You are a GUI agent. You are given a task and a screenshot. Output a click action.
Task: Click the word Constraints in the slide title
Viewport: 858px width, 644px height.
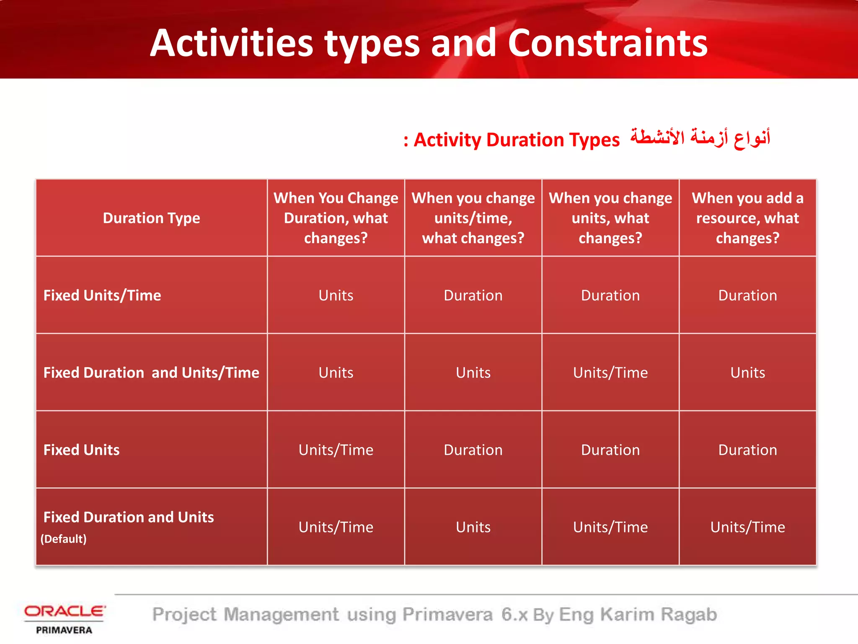click(x=607, y=43)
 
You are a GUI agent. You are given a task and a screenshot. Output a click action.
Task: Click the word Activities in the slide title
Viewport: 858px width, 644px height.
click(x=232, y=43)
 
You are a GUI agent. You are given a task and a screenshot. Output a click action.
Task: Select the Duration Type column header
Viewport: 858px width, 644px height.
click(x=151, y=218)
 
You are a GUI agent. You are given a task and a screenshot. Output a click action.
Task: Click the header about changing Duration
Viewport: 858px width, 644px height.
click(x=336, y=218)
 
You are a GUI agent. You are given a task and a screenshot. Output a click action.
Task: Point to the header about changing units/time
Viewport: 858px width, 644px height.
click(x=473, y=218)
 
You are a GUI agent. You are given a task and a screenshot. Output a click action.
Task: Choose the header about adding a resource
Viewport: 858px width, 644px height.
click(x=747, y=218)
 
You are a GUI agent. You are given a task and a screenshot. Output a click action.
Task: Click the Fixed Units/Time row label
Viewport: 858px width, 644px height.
click(x=102, y=296)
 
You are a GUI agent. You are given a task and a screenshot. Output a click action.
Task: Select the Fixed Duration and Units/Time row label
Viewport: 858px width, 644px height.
click(x=151, y=373)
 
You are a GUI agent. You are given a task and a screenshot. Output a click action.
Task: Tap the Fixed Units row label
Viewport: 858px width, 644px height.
click(x=82, y=450)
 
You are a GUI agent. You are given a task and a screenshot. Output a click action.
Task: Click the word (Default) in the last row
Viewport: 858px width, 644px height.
click(x=64, y=539)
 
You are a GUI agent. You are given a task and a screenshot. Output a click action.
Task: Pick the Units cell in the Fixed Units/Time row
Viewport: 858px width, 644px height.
click(x=336, y=296)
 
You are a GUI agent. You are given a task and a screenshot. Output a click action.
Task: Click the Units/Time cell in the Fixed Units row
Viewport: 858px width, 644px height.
click(x=336, y=450)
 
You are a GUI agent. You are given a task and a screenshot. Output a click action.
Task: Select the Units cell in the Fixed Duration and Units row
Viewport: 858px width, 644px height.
click(x=473, y=527)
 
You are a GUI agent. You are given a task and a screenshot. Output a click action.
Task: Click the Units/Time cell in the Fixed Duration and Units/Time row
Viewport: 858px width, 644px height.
click(x=610, y=373)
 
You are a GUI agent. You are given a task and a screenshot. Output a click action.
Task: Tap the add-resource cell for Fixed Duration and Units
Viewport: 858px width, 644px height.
click(x=747, y=527)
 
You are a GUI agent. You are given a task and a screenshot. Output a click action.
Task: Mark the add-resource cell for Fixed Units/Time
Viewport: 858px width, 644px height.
click(x=747, y=296)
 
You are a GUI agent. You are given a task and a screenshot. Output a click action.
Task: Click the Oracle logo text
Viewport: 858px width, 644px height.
click(x=65, y=611)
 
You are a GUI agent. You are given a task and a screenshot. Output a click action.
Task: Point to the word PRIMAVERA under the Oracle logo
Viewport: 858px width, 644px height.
click(x=64, y=630)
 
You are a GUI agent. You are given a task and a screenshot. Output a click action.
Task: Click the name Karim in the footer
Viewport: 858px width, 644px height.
click(x=627, y=615)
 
